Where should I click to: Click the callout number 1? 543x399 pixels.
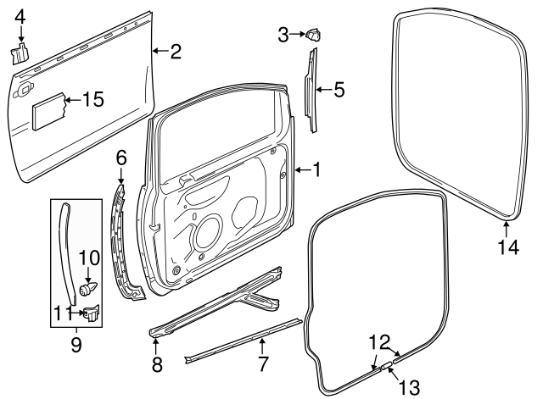316,170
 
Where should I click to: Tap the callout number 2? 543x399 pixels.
175,52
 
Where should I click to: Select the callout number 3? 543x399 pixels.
283,34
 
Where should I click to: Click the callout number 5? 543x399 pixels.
339,88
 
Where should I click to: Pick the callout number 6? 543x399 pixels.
121,157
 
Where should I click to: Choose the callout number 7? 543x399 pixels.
263,365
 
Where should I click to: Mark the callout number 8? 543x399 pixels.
155,365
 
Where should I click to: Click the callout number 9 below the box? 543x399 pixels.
76,345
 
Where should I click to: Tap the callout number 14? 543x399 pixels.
507,247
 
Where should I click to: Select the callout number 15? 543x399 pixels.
92,99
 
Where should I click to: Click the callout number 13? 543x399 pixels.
409,387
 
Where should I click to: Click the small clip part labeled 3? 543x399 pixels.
315,35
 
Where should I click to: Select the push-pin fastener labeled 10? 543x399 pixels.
88,289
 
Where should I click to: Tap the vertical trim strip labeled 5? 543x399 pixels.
311,89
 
